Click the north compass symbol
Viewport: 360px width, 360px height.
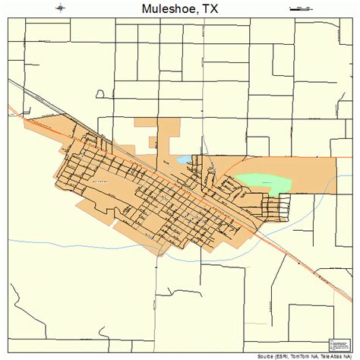[60, 8]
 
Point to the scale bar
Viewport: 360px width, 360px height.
[302, 8]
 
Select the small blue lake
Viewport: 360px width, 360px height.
[184, 160]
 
